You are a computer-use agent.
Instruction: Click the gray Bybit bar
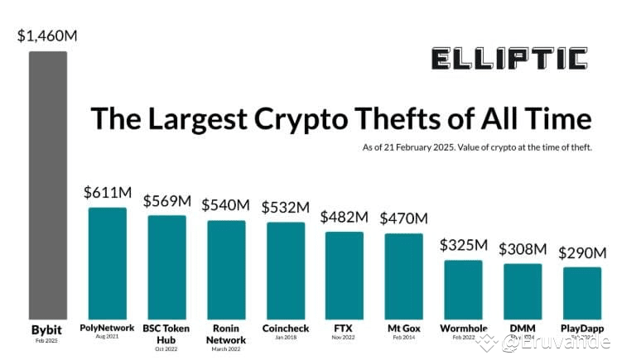tap(48, 185)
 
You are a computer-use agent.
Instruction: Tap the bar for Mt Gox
tap(403, 276)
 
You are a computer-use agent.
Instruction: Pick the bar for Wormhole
tap(463, 290)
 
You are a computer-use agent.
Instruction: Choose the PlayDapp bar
tap(582, 293)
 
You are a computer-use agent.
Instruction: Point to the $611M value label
tap(107, 193)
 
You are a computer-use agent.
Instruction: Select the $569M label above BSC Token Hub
tap(166, 201)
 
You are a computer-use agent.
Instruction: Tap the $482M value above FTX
tap(344, 218)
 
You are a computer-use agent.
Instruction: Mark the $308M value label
tap(523, 249)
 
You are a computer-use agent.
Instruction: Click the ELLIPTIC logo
tap(509, 59)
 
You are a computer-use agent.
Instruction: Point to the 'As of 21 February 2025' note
tap(477, 148)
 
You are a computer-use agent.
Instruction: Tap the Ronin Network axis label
tap(225, 333)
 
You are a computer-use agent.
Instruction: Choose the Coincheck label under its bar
tap(285, 328)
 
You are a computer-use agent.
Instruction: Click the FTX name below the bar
tap(344, 328)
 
